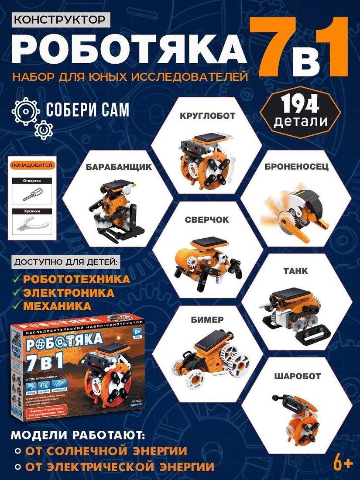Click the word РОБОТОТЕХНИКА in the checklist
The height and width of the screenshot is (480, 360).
click(x=77, y=279)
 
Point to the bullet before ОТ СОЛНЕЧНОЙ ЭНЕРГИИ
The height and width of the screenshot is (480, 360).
click(x=17, y=450)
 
